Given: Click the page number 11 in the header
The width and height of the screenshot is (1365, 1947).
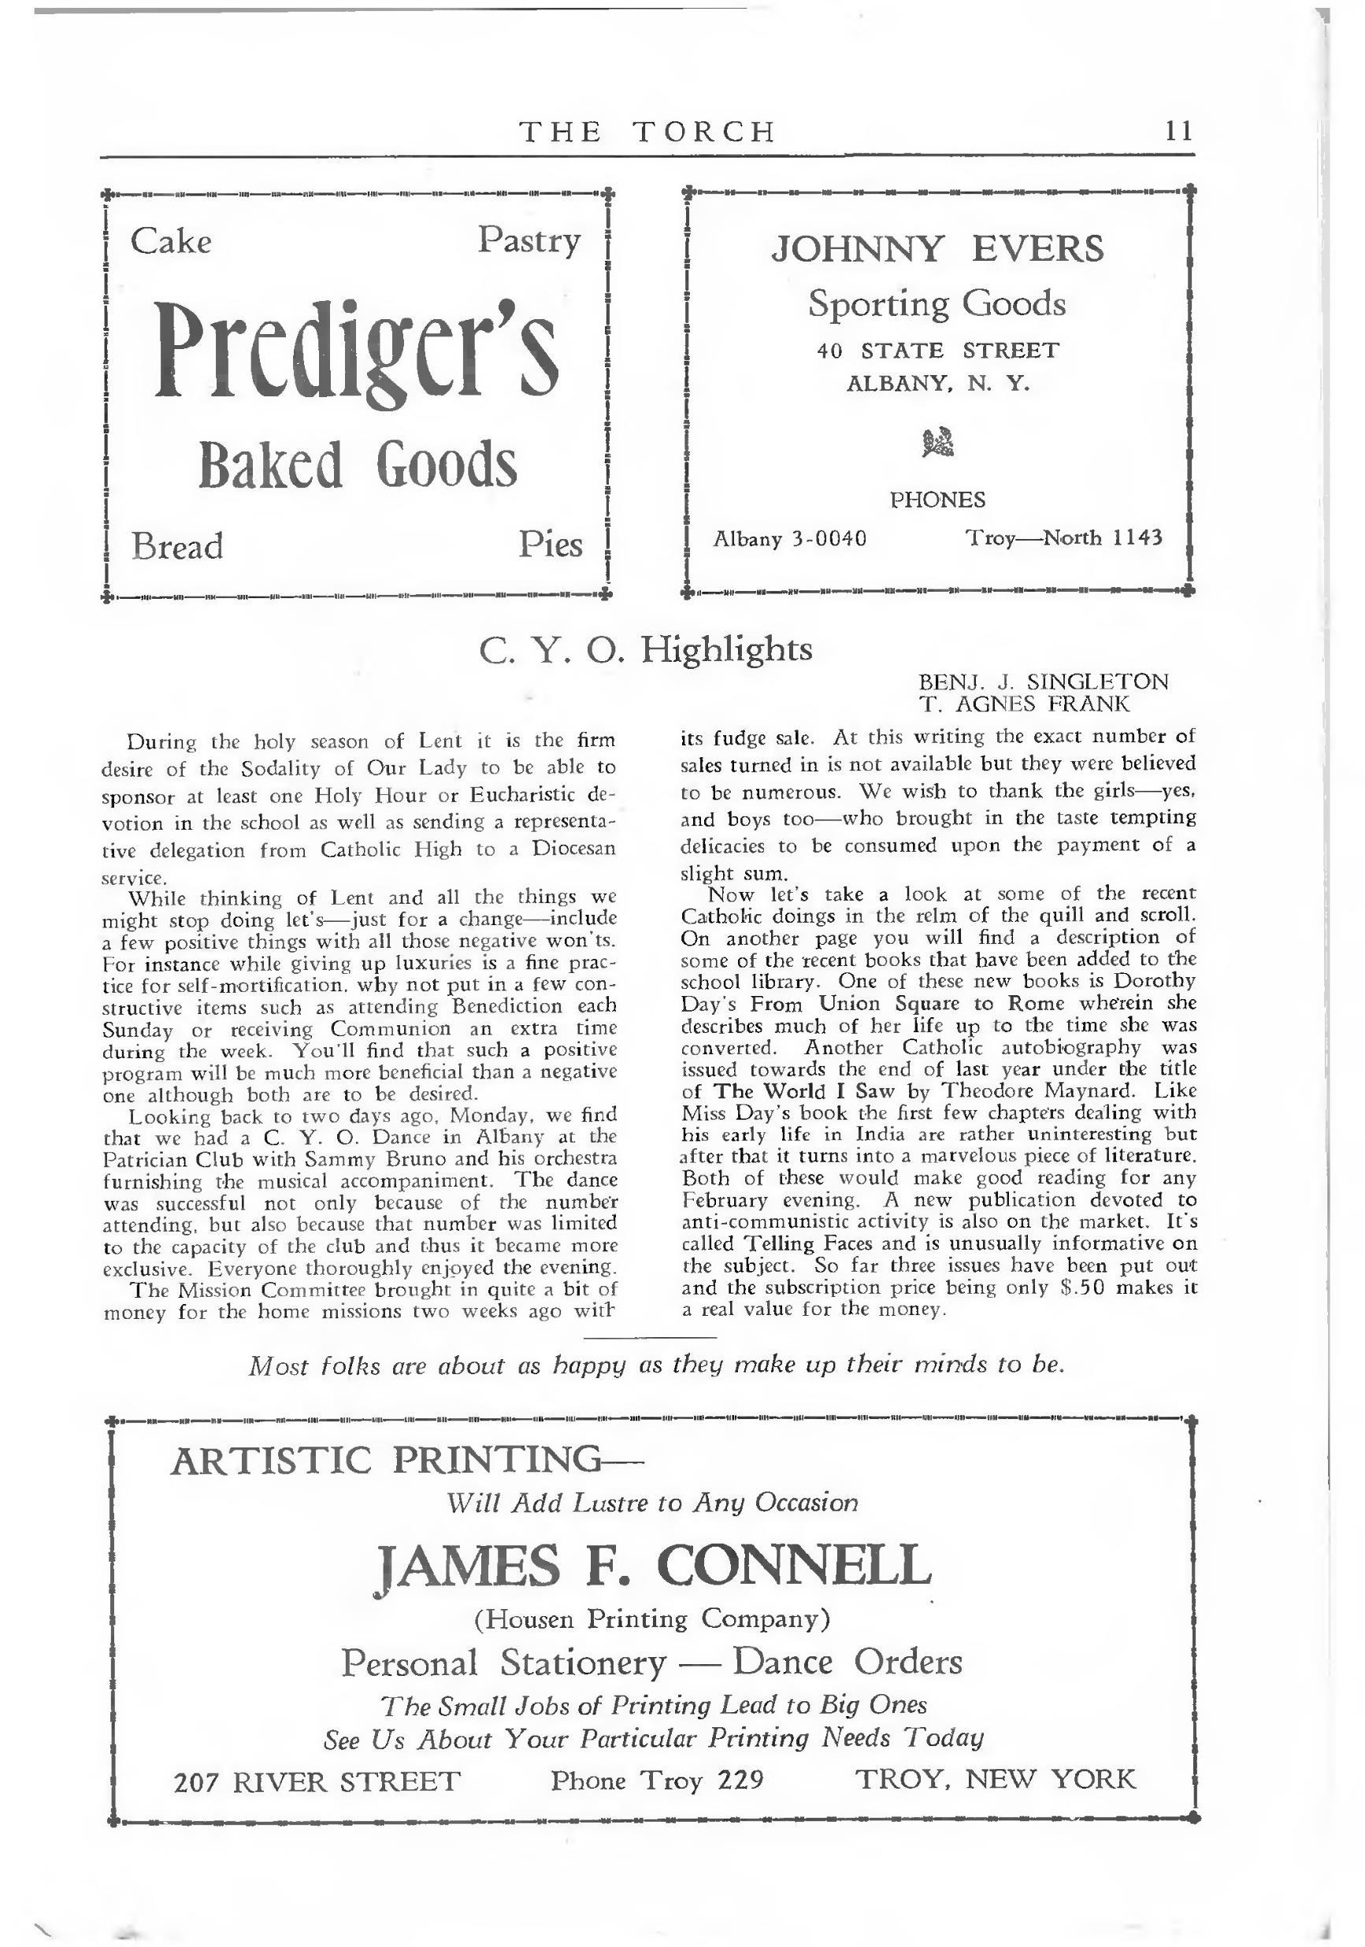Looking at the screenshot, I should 1178,132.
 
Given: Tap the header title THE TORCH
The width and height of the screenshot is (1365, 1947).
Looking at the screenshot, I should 647,132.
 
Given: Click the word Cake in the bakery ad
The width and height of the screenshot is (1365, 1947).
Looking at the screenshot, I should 170,242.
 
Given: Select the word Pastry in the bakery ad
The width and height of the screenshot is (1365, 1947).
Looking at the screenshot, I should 529,241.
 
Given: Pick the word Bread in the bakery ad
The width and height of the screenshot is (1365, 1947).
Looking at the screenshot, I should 176,546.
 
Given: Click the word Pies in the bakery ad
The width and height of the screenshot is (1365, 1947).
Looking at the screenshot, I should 551,544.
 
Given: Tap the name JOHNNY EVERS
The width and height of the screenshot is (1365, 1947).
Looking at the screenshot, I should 937,249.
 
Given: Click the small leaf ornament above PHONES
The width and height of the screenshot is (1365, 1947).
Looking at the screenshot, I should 937,441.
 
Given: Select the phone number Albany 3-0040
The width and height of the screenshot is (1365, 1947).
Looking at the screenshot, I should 789,538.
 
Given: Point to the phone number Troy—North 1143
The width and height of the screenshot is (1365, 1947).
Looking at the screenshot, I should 1064,537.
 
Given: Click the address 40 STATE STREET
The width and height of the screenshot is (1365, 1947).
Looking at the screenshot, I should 937,350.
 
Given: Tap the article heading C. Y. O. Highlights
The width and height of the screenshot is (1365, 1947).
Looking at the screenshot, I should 645,649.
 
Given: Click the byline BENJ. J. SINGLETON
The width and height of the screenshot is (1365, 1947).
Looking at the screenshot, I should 1043,682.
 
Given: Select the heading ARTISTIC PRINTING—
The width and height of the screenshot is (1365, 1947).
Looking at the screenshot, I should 407,1460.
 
